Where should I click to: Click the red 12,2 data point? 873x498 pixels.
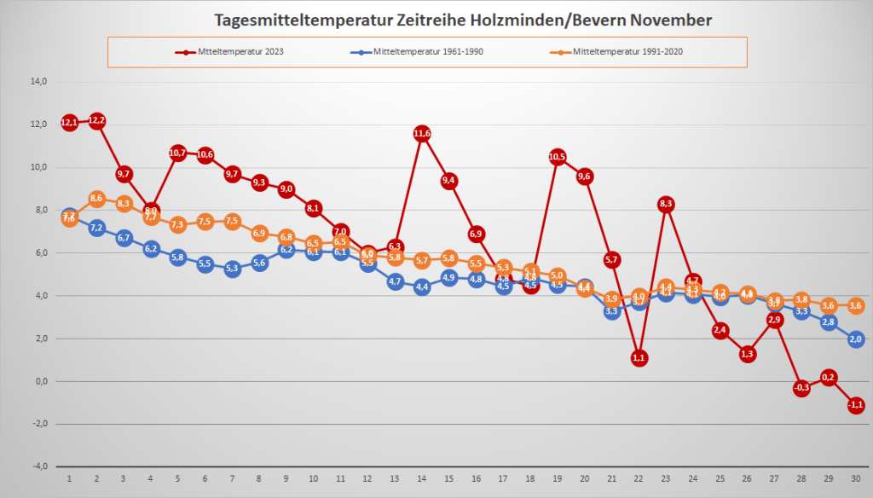(97, 120)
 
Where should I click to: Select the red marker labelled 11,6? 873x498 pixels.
(422, 133)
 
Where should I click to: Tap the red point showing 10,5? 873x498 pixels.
(558, 157)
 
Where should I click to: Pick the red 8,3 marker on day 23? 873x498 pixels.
(666, 204)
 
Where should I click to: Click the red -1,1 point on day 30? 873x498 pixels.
(856, 405)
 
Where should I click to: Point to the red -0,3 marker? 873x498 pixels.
(801, 388)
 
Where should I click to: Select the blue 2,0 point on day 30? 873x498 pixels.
(856, 339)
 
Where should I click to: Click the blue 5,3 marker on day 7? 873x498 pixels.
(233, 269)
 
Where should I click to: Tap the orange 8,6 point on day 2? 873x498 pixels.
(97, 198)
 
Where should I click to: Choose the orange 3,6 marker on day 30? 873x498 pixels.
(856, 304)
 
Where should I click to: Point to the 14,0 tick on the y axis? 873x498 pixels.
(38, 82)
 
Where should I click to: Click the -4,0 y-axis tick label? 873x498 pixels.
(38, 466)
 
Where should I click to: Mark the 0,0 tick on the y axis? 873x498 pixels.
(40, 381)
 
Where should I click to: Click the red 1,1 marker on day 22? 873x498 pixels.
(639, 358)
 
